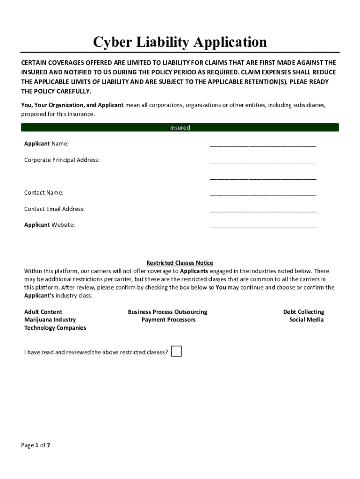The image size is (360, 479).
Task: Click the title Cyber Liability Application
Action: (180, 42)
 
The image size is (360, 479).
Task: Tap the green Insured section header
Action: (180, 128)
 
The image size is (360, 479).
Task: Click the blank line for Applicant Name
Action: (263, 144)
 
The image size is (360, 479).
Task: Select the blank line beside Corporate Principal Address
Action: (263, 160)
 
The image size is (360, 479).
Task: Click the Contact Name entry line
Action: (263, 193)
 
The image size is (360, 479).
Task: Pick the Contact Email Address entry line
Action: (263, 210)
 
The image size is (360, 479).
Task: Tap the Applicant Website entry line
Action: (263, 225)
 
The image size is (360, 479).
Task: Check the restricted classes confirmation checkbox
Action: (176, 351)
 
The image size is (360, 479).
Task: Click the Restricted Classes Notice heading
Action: (180, 263)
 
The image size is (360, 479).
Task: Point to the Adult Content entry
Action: (43, 312)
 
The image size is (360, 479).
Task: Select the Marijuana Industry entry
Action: (50, 319)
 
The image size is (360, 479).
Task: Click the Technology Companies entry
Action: (55, 328)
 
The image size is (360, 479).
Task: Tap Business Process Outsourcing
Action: (167, 312)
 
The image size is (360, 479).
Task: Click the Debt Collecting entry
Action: (303, 312)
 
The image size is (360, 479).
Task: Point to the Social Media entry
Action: (306, 319)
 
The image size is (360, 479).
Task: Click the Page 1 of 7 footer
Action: (36, 445)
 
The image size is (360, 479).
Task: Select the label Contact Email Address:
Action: (54, 209)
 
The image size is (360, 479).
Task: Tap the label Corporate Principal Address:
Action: (62, 160)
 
